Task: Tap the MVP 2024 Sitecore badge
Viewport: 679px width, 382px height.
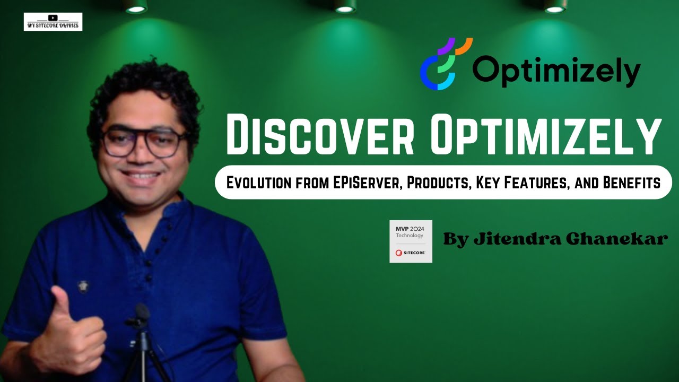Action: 411,241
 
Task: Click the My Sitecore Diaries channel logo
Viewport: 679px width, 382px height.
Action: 53,22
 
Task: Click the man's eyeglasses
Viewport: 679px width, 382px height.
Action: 142,142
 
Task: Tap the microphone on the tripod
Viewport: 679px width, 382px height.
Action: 142,313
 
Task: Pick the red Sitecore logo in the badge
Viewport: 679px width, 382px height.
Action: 399,253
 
